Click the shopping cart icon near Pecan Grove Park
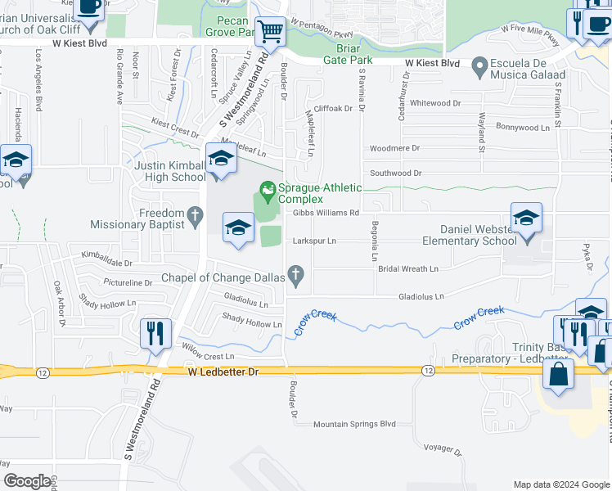click(270, 33)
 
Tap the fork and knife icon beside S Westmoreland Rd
click(155, 334)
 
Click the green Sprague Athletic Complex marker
click(267, 194)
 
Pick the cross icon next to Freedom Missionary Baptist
click(194, 216)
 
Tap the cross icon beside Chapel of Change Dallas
click(297, 277)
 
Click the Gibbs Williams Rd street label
click(326, 213)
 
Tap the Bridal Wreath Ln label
click(407, 268)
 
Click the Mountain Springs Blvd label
click(354, 424)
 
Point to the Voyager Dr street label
click(444, 448)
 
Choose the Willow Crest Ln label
click(208, 357)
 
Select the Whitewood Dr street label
click(435, 103)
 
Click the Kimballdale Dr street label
click(106, 263)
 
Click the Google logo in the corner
click(27, 481)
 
